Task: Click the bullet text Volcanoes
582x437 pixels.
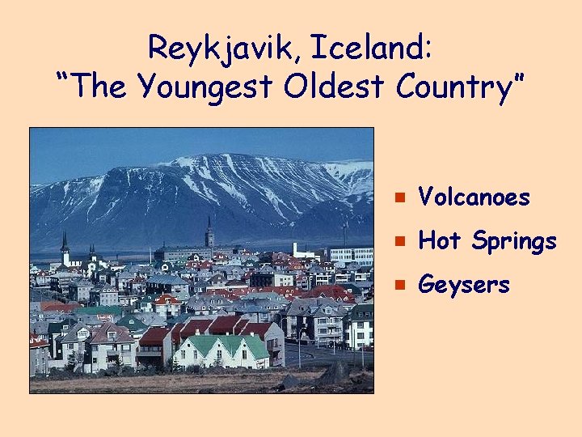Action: click(x=474, y=197)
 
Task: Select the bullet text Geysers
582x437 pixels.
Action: click(x=465, y=286)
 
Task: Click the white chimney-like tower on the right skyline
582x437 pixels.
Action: click(x=296, y=249)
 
